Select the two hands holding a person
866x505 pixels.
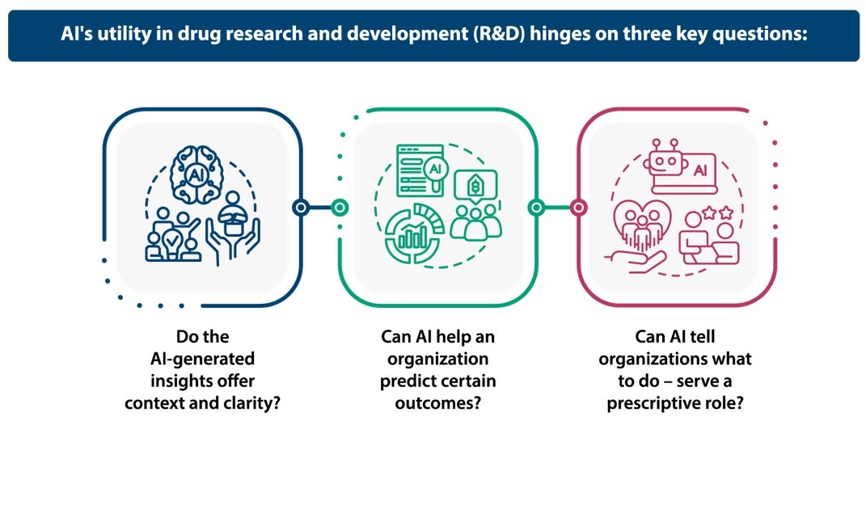[x=233, y=234]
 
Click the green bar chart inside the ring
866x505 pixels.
[x=413, y=235]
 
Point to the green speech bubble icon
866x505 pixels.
[x=475, y=187]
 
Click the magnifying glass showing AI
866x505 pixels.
[x=435, y=170]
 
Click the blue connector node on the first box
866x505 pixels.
[x=301, y=208]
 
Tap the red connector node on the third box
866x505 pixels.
[x=578, y=208]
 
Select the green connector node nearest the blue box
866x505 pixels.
[x=340, y=208]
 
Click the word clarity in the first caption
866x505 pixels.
[x=251, y=402]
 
